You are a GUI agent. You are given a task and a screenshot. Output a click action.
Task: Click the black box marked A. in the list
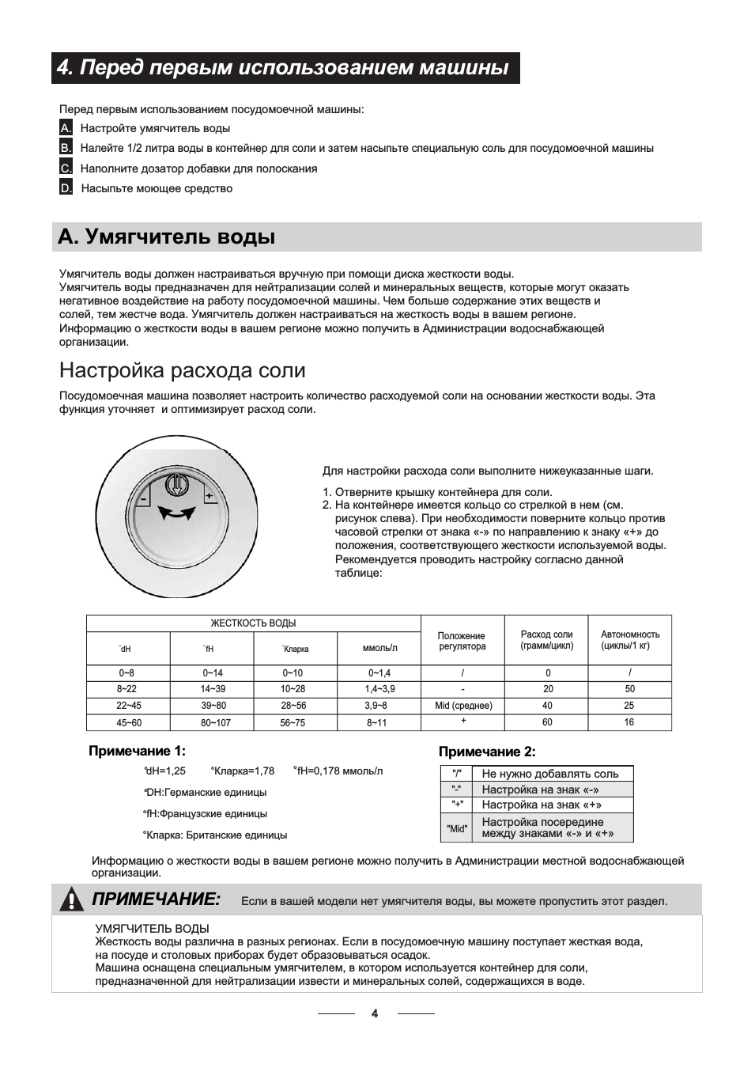point(66,128)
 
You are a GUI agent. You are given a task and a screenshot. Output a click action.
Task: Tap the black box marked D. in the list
point(66,188)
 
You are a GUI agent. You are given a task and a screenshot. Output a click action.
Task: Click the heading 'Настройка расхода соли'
point(182,370)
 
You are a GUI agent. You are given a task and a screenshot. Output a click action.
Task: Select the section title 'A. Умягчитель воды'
point(167,237)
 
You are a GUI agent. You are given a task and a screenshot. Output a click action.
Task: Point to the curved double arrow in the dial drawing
point(176,513)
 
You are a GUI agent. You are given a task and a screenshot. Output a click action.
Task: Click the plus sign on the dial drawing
point(209,496)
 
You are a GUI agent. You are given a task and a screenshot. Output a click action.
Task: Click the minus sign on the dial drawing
point(145,500)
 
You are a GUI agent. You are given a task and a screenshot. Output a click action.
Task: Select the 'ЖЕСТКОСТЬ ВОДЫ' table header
point(253,623)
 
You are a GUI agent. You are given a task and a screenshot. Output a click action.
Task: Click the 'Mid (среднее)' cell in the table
point(463,706)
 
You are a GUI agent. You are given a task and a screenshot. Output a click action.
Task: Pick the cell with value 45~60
point(127,722)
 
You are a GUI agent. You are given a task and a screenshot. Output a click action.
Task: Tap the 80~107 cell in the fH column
point(212,722)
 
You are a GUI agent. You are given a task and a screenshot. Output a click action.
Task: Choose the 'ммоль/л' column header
point(379,648)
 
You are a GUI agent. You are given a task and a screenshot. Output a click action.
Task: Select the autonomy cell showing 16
point(629,722)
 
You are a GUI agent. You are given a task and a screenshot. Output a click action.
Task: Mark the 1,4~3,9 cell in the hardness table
point(379,689)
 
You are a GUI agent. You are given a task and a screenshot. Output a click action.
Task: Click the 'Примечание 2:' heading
point(487,752)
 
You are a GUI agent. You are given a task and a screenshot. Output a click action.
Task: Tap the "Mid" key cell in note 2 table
point(456,828)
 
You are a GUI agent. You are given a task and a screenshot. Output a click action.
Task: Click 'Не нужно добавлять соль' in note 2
point(550,774)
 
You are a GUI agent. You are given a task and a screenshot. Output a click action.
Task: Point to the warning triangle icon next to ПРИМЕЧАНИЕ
point(72,899)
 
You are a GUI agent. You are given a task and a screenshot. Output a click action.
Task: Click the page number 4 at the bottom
point(375,1013)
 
